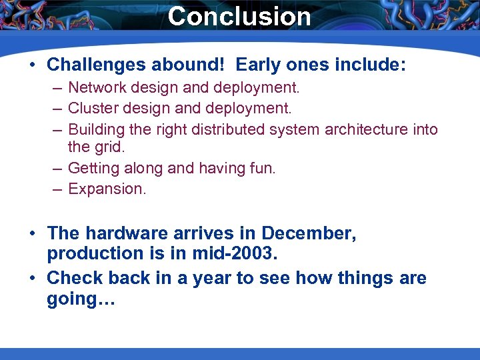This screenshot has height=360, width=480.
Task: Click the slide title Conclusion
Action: (239, 16)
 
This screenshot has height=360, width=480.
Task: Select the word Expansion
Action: (107, 189)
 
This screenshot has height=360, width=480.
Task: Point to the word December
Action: (309, 233)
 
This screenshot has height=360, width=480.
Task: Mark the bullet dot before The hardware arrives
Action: (32, 234)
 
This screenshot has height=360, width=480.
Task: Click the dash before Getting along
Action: (58, 169)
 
